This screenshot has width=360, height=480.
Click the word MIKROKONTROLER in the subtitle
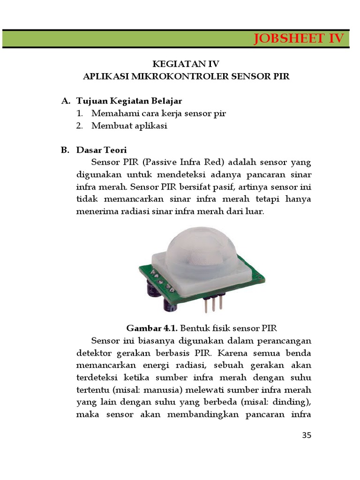click(174, 76)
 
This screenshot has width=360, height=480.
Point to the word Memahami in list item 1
click(113, 113)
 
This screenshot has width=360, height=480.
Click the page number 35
click(306, 435)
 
